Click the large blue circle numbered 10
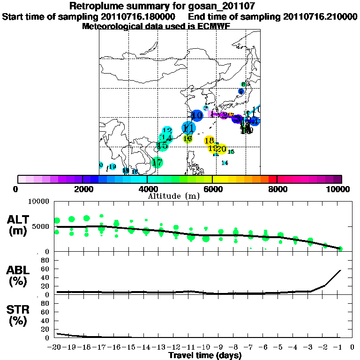pyautogui.click(x=197, y=115)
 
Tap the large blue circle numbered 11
pyautogui.click(x=188, y=128)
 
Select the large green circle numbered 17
pyautogui.click(x=157, y=163)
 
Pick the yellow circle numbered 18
pyautogui.click(x=210, y=141)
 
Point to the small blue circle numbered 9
pyautogui.click(x=241, y=91)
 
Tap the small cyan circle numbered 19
pyautogui.click(x=112, y=167)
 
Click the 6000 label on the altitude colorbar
pyautogui.click(x=212, y=189)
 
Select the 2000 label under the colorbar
pyautogui.click(x=82, y=189)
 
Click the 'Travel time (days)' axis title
pyautogui.click(x=205, y=355)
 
